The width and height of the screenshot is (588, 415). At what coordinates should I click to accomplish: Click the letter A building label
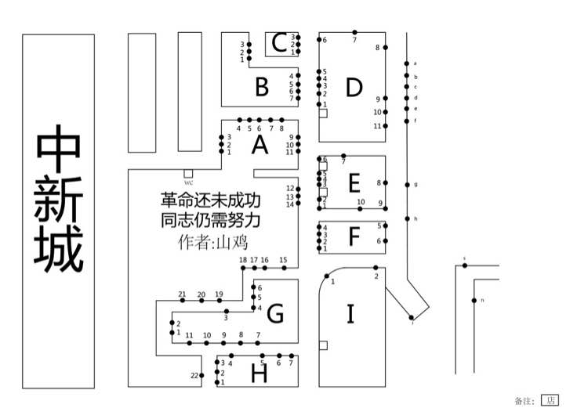[260, 145]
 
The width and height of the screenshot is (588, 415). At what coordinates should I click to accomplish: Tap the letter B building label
[262, 87]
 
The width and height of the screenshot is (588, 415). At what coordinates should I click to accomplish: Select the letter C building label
[278, 43]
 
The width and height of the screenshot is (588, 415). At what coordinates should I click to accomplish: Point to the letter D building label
[354, 88]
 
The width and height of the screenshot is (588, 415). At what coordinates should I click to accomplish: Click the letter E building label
[354, 183]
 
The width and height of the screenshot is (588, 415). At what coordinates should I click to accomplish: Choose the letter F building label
[354, 235]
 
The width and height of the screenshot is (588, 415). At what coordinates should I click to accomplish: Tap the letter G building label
[275, 315]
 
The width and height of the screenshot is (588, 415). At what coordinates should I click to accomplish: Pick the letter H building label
[260, 373]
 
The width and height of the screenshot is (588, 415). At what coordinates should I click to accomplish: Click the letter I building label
[350, 314]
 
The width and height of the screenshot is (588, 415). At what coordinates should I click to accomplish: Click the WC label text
[188, 182]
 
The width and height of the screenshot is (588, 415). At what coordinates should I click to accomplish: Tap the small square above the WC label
[188, 173]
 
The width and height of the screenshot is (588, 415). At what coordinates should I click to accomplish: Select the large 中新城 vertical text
[59, 199]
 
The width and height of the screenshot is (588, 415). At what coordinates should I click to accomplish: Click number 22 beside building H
[194, 376]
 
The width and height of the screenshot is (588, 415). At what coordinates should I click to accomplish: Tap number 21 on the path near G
[182, 294]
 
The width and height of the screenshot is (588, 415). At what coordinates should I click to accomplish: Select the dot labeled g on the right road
[407, 185]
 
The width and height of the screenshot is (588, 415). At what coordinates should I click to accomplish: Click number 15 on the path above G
[283, 260]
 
